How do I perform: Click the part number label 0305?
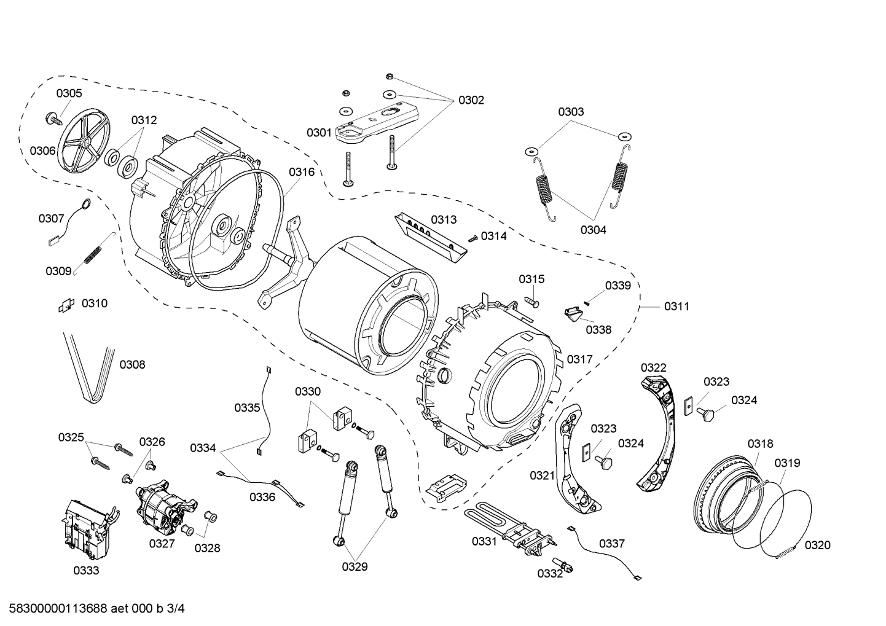(x=69, y=93)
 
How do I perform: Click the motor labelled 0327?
(x=162, y=501)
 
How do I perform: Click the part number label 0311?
(x=676, y=306)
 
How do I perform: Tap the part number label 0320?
(x=817, y=545)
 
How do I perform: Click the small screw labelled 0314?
(x=472, y=238)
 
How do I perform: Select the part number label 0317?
(x=579, y=359)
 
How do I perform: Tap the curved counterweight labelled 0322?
(x=660, y=430)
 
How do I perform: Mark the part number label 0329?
(x=355, y=566)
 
